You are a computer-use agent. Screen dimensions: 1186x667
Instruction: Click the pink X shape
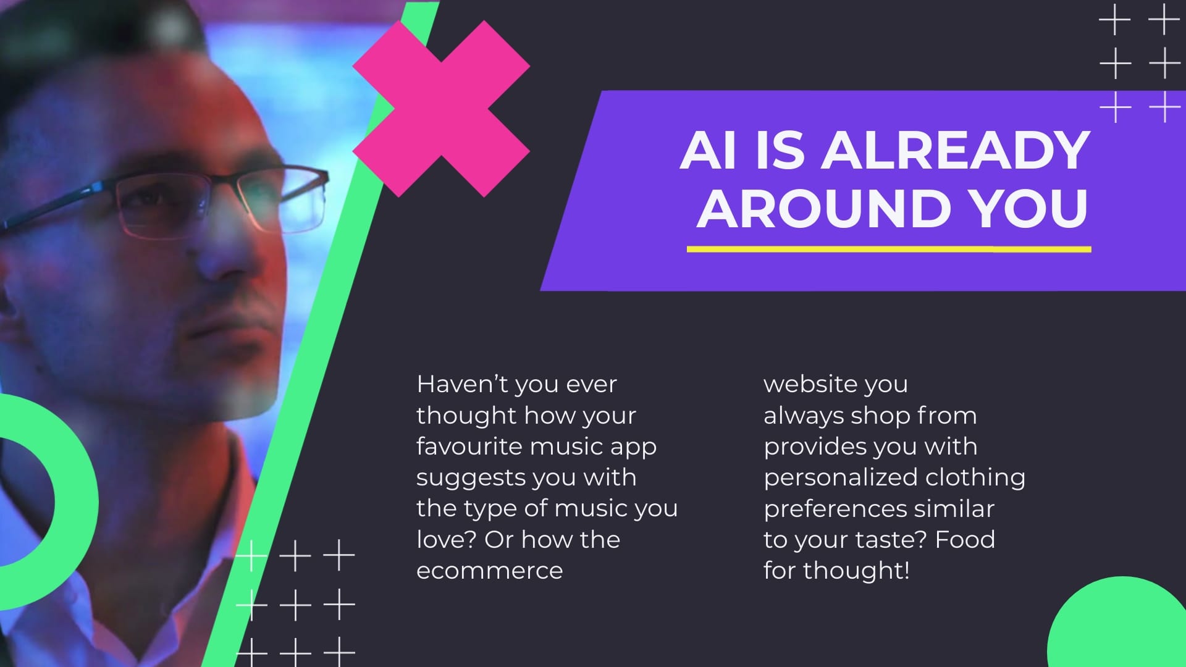441,109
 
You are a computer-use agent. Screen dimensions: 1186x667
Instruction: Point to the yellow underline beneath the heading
889,250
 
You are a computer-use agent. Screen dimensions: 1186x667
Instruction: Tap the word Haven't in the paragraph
462,384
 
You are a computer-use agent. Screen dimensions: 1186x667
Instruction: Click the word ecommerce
490,571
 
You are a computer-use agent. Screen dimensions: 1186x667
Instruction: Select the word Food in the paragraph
965,539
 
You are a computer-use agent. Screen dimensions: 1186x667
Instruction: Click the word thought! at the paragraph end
856,571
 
